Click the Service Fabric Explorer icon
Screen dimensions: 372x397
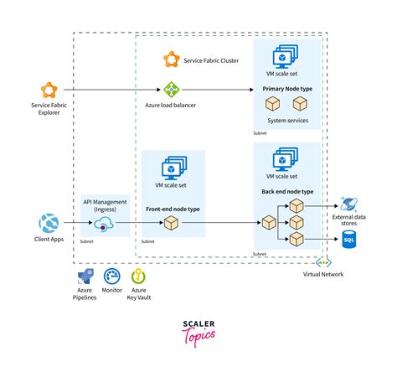48,89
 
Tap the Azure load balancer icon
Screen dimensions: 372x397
171,89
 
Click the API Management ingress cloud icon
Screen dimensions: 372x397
105,224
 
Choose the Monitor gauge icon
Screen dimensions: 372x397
112,276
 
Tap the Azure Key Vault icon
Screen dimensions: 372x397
140,276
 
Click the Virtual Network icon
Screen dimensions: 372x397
317,262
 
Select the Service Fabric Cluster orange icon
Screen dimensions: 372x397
171,59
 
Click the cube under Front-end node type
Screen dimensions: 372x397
171,224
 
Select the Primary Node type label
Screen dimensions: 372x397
286,87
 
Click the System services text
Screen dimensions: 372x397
286,121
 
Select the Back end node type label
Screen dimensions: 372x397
286,192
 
